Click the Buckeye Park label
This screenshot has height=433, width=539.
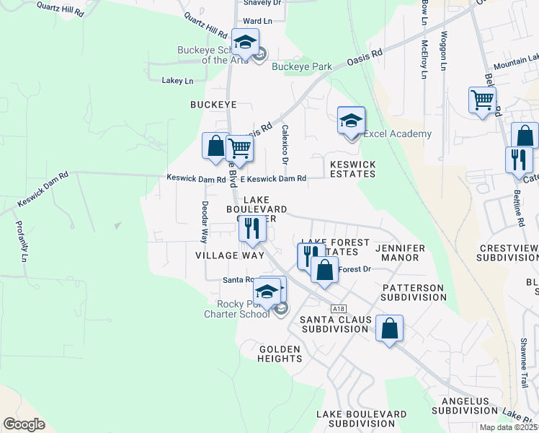[x=302, y=67]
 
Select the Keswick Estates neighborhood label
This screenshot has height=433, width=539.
[x=352, y=169]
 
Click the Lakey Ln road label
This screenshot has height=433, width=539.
[x=177, y=81]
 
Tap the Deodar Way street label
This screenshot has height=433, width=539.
[x=204, y=221]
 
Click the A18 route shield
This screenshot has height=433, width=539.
[x=339, y=308]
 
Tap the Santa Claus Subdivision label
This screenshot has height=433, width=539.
[x=336, y=323]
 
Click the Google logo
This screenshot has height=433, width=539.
[x=24, y=424]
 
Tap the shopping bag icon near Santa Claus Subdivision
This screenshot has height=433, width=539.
[x=389, y=329]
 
